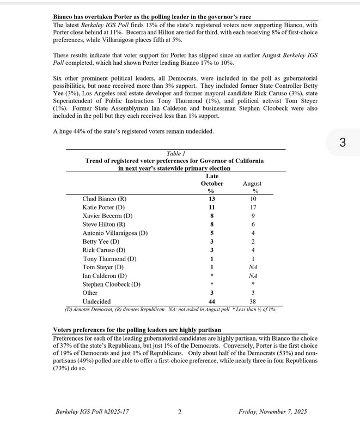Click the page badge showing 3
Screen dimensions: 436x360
(x=342, y=143)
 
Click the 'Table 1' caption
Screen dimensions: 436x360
(x=175, y=154)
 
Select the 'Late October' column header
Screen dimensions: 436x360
(x=212, y=184)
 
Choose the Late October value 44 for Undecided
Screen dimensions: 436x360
(x=211, y=301)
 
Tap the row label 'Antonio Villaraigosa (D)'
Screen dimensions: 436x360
(x=115, y=233)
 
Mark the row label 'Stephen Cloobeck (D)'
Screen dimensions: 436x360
(x=111, y=284)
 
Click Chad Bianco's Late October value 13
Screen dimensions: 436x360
(x=211, y=199)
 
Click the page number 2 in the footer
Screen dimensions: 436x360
(x=180, y=412)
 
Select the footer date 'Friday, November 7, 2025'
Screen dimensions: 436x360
(x=272, y=412)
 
